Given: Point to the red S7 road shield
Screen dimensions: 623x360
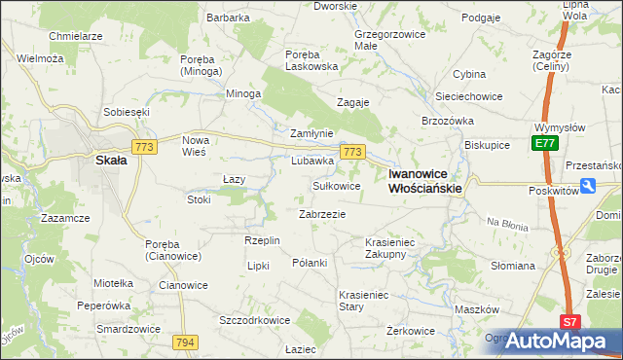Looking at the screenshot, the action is coord(569,322).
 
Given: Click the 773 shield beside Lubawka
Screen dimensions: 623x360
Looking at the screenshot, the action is coord(352,153).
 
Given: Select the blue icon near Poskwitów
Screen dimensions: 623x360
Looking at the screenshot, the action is coord(587,185).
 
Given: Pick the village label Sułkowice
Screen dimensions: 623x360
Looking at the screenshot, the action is coord(336,185).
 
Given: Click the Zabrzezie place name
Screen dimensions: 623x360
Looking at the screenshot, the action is coord(322,213).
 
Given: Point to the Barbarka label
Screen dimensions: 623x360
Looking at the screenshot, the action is coord(229,18).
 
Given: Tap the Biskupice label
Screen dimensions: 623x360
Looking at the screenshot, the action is coord(488,144).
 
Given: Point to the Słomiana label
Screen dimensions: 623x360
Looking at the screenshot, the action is coord(513,265).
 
